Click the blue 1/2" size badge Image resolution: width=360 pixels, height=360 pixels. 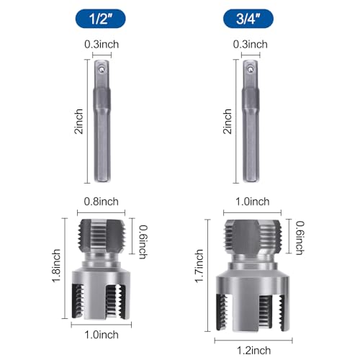coord(101,19)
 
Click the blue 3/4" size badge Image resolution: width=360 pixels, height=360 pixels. coord(248,19)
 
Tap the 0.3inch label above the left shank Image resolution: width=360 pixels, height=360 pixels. coord(102,45)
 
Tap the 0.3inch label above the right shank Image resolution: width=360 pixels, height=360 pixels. coord(251,45)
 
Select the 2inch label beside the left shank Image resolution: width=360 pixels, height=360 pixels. coord(78,121)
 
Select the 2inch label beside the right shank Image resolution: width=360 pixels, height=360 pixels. coord(228,121)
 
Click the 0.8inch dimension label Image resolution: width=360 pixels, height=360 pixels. coord(102,202)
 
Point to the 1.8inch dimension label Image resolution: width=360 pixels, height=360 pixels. coord(57,266)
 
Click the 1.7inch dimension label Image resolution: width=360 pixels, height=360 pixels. coord(199,266)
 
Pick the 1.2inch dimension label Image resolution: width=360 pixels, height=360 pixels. coord(253,351)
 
